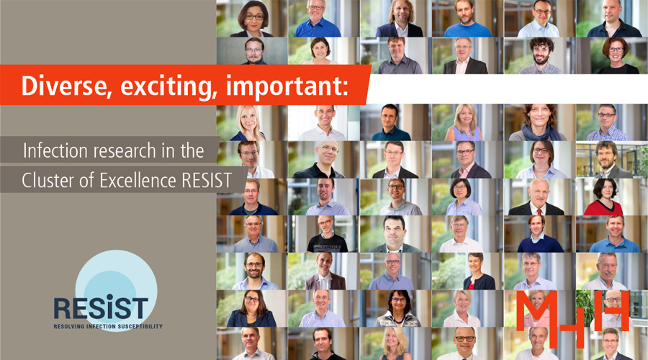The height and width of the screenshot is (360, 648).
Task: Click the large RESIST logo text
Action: pyautogui.click(x=101, y=307)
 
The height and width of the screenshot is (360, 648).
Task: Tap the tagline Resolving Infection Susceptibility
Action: pyautogui.click(x=108, y=326)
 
